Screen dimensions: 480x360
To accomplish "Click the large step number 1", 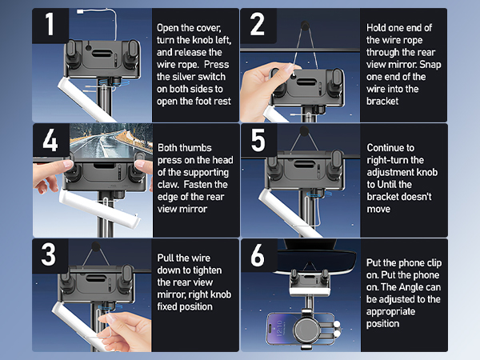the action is [50, 24].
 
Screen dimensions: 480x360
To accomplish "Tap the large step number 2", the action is [257, 24].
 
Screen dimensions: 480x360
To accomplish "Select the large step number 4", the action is [50, 140].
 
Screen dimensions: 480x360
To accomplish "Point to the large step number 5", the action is [258, 140].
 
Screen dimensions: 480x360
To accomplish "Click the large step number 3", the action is [48, 254].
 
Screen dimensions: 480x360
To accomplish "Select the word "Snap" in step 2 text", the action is [430, 65].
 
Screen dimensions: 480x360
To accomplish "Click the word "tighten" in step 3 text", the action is [206, 270].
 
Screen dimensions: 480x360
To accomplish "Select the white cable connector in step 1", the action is [81, 12].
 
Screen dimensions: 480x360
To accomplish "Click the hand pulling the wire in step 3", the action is [126, 331].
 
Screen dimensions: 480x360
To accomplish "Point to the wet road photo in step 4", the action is [111, 141].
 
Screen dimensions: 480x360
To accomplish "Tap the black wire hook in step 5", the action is [304, 131].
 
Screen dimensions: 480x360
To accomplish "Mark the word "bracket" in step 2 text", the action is [382, 102].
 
